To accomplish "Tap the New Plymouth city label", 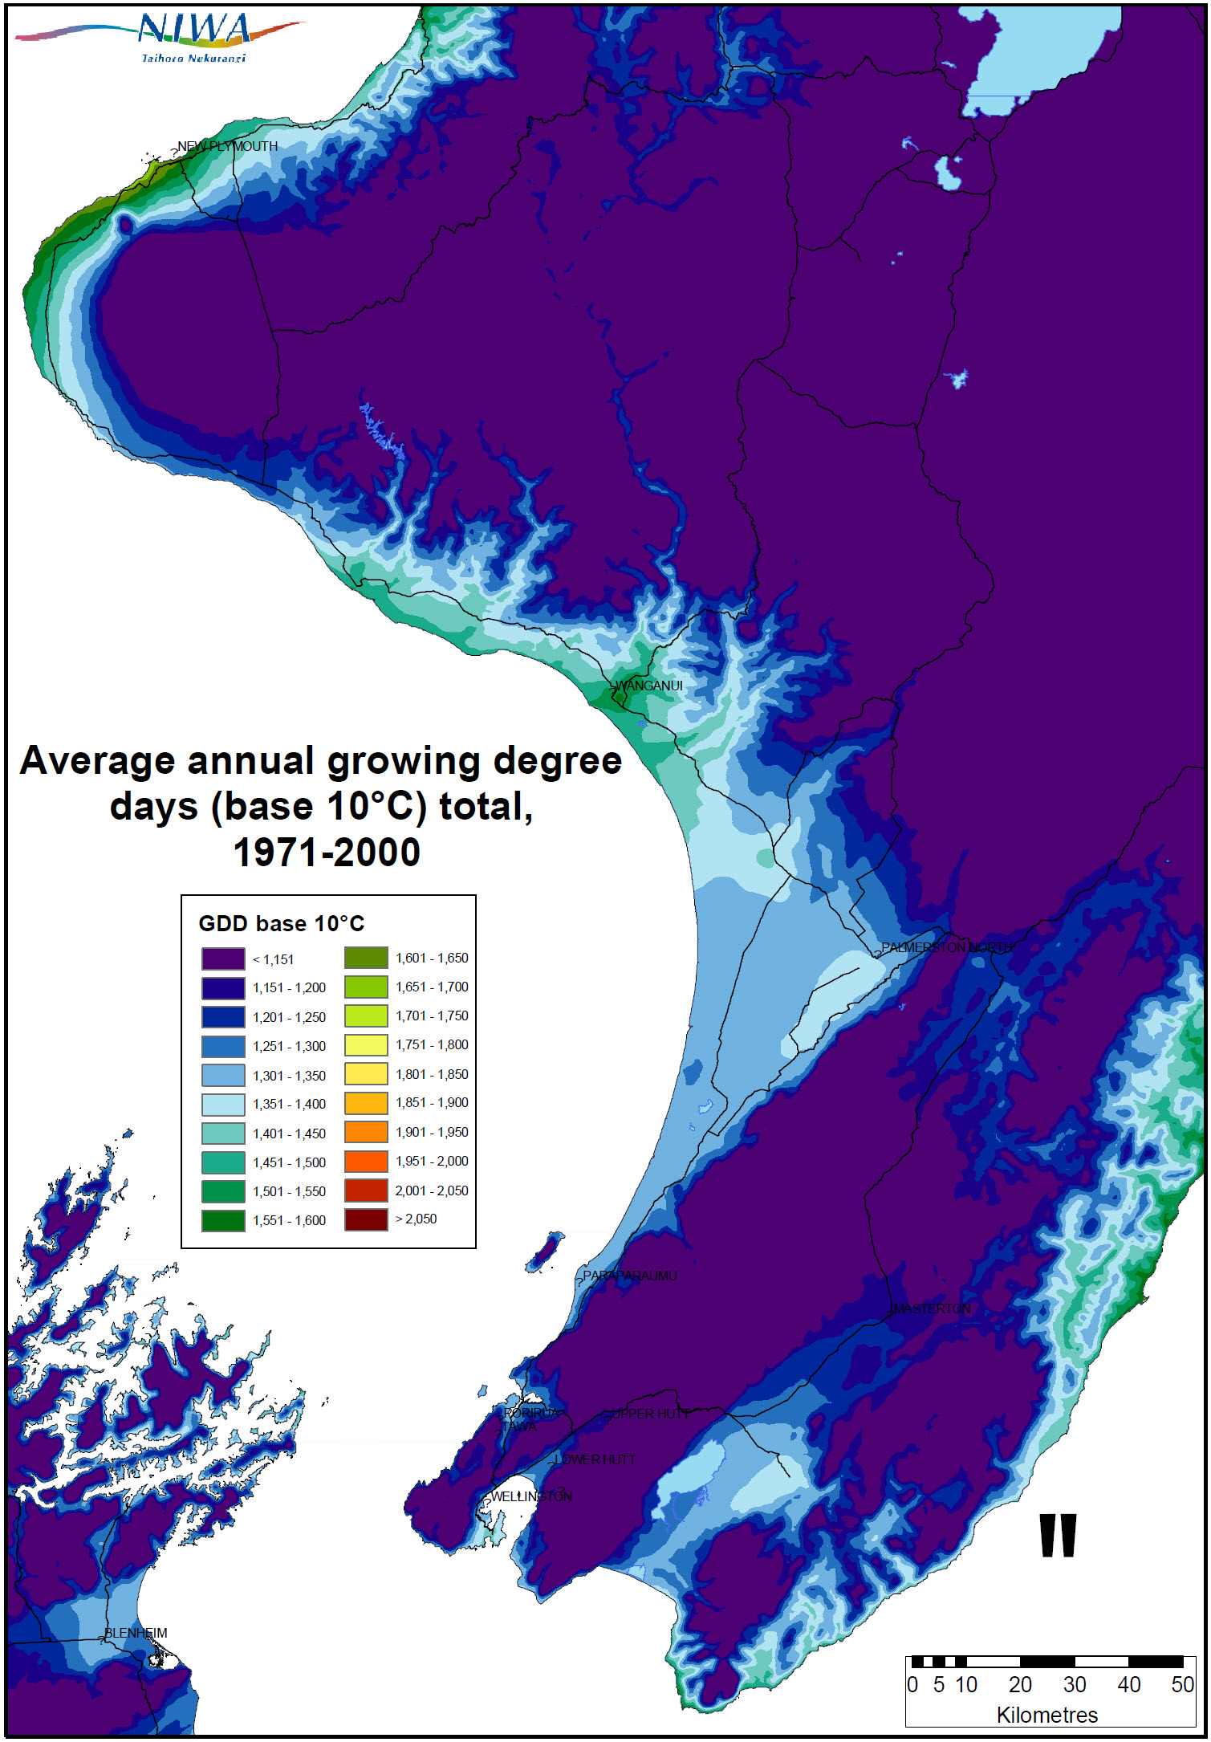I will (x=227, y=146).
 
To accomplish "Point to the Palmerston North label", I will (x=945, y=947).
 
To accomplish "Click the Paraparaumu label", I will (x=630, y=1276).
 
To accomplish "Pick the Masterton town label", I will (x=932, y=1309).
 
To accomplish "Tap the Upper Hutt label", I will (x=647, y=1414).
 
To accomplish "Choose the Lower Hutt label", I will (x=595, y=1459).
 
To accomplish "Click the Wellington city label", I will (x=531, y=1496).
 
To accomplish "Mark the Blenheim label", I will (x=136, y=1633).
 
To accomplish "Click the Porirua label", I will (x=530, y=1413).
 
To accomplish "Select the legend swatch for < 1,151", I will (x=223, y=959).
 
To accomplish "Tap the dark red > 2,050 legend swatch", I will (x=366, y=1219).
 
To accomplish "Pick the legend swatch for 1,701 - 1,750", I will (x=366, y=1015).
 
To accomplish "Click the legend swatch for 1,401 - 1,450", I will (x=223, y=1133).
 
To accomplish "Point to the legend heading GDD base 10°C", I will (x=281, y=923).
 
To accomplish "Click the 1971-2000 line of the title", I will (x=326, y=853).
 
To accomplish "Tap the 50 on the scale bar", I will (x=1182, y=1684).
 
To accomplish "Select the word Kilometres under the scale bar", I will (x=1046, y=1715).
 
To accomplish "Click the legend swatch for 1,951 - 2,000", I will (x=366, y=1161).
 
